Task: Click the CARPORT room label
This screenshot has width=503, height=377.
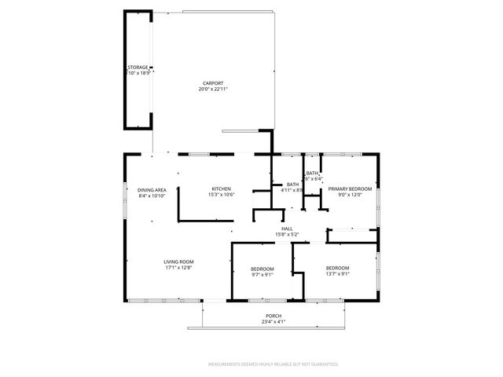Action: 212,83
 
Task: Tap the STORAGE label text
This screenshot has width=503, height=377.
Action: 138,68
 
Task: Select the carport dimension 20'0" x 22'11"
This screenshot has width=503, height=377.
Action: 212,90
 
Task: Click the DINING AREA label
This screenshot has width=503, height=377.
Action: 152,190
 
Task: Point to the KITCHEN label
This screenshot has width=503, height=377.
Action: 220,189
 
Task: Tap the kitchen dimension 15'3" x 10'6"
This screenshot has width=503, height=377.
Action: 220,195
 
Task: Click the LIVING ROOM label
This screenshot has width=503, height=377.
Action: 178,262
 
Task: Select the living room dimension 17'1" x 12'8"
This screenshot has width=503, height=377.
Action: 178,268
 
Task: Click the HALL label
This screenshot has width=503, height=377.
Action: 287,229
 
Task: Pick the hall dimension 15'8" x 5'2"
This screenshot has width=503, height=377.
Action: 287,235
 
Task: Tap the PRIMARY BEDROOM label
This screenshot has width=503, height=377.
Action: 350,189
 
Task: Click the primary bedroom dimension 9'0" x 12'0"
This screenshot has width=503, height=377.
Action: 350,195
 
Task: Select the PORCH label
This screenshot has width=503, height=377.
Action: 273,316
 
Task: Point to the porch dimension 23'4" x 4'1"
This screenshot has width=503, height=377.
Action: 273,322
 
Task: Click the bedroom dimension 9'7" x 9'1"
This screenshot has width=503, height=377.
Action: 263,274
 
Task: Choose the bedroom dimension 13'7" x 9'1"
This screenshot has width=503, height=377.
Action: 337,274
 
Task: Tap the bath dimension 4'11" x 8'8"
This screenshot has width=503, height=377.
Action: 292,189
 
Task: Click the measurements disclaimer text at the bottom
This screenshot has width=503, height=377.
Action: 273,364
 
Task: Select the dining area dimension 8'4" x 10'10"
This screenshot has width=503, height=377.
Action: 152,196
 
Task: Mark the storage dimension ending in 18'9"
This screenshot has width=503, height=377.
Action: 138,73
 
